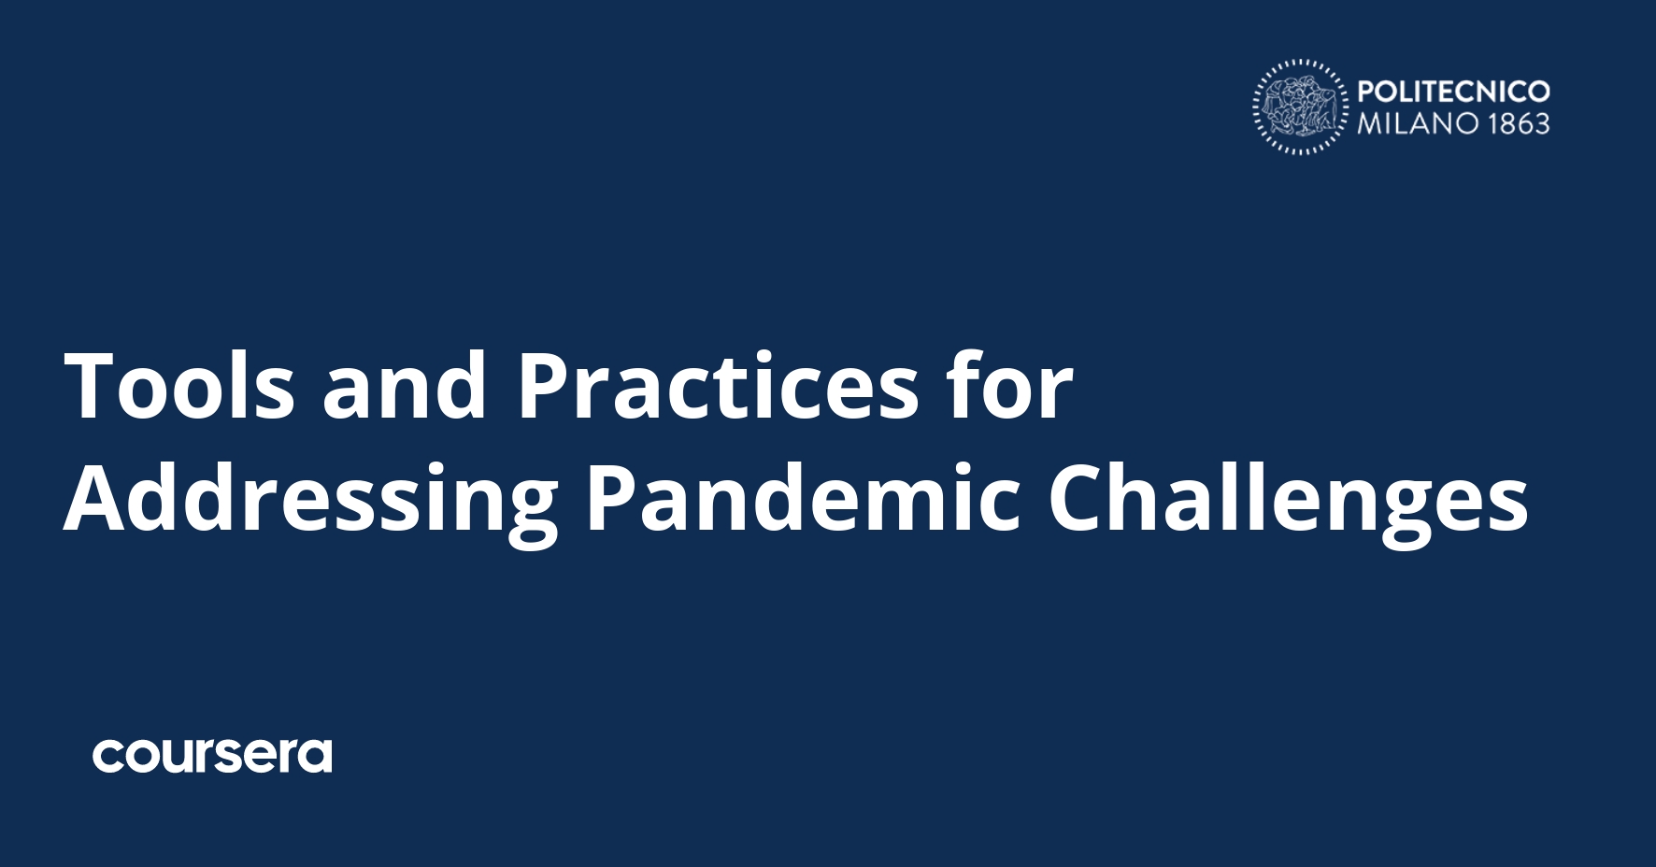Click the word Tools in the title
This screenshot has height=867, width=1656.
[x=178, y=386]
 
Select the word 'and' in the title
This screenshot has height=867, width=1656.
[x=404, y=386]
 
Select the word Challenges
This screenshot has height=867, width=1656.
[x=1288, y=500]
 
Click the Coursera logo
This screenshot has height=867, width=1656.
[x=212, y=756]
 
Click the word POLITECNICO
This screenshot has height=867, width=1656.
[x=1453, y=92]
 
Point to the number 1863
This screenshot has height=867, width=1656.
[x=1520, y=123]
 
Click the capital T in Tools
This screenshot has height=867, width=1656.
[x=94, y=386]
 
